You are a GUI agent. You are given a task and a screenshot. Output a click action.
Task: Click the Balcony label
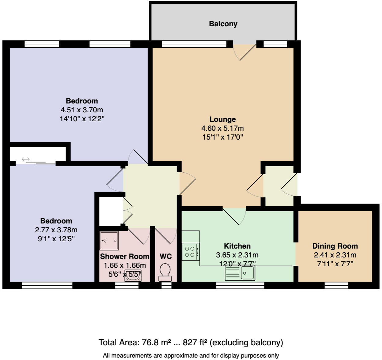point(223,24)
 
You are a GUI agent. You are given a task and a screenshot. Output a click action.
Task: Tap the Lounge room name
point(223,119)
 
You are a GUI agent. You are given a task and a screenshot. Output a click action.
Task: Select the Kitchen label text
point(237,246)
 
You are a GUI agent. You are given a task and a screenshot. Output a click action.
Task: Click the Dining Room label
point(335,246)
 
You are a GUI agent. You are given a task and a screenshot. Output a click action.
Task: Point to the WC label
point(166,256)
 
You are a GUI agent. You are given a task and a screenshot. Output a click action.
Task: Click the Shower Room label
point(125,256)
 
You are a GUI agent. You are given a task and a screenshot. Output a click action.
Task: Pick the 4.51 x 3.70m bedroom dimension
point(82,110)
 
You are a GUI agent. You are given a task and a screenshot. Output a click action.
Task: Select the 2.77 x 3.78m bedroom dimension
point(56,230)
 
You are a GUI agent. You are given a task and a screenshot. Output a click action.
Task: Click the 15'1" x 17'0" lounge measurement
point(223,137)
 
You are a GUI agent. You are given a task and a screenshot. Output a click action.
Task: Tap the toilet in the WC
point(165,272)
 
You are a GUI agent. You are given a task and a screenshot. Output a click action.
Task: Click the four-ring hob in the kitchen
point(190,252)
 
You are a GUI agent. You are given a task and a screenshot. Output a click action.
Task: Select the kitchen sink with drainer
point(240,273)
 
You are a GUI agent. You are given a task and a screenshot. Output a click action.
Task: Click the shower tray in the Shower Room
point(109,241)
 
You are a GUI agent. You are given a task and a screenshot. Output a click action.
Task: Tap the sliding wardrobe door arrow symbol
point(26,159)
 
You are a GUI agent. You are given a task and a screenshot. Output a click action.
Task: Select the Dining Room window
point(336,285)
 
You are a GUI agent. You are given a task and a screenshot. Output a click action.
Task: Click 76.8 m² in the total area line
point(156,342)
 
